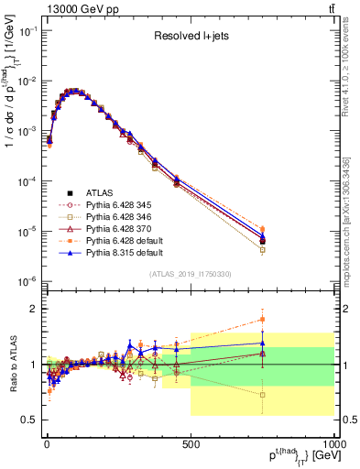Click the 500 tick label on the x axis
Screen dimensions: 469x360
point(191,443)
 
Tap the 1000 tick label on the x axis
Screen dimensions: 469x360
point(333,443)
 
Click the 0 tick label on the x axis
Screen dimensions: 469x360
point(47,443)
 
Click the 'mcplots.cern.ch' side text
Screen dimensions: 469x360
point(352,211)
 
